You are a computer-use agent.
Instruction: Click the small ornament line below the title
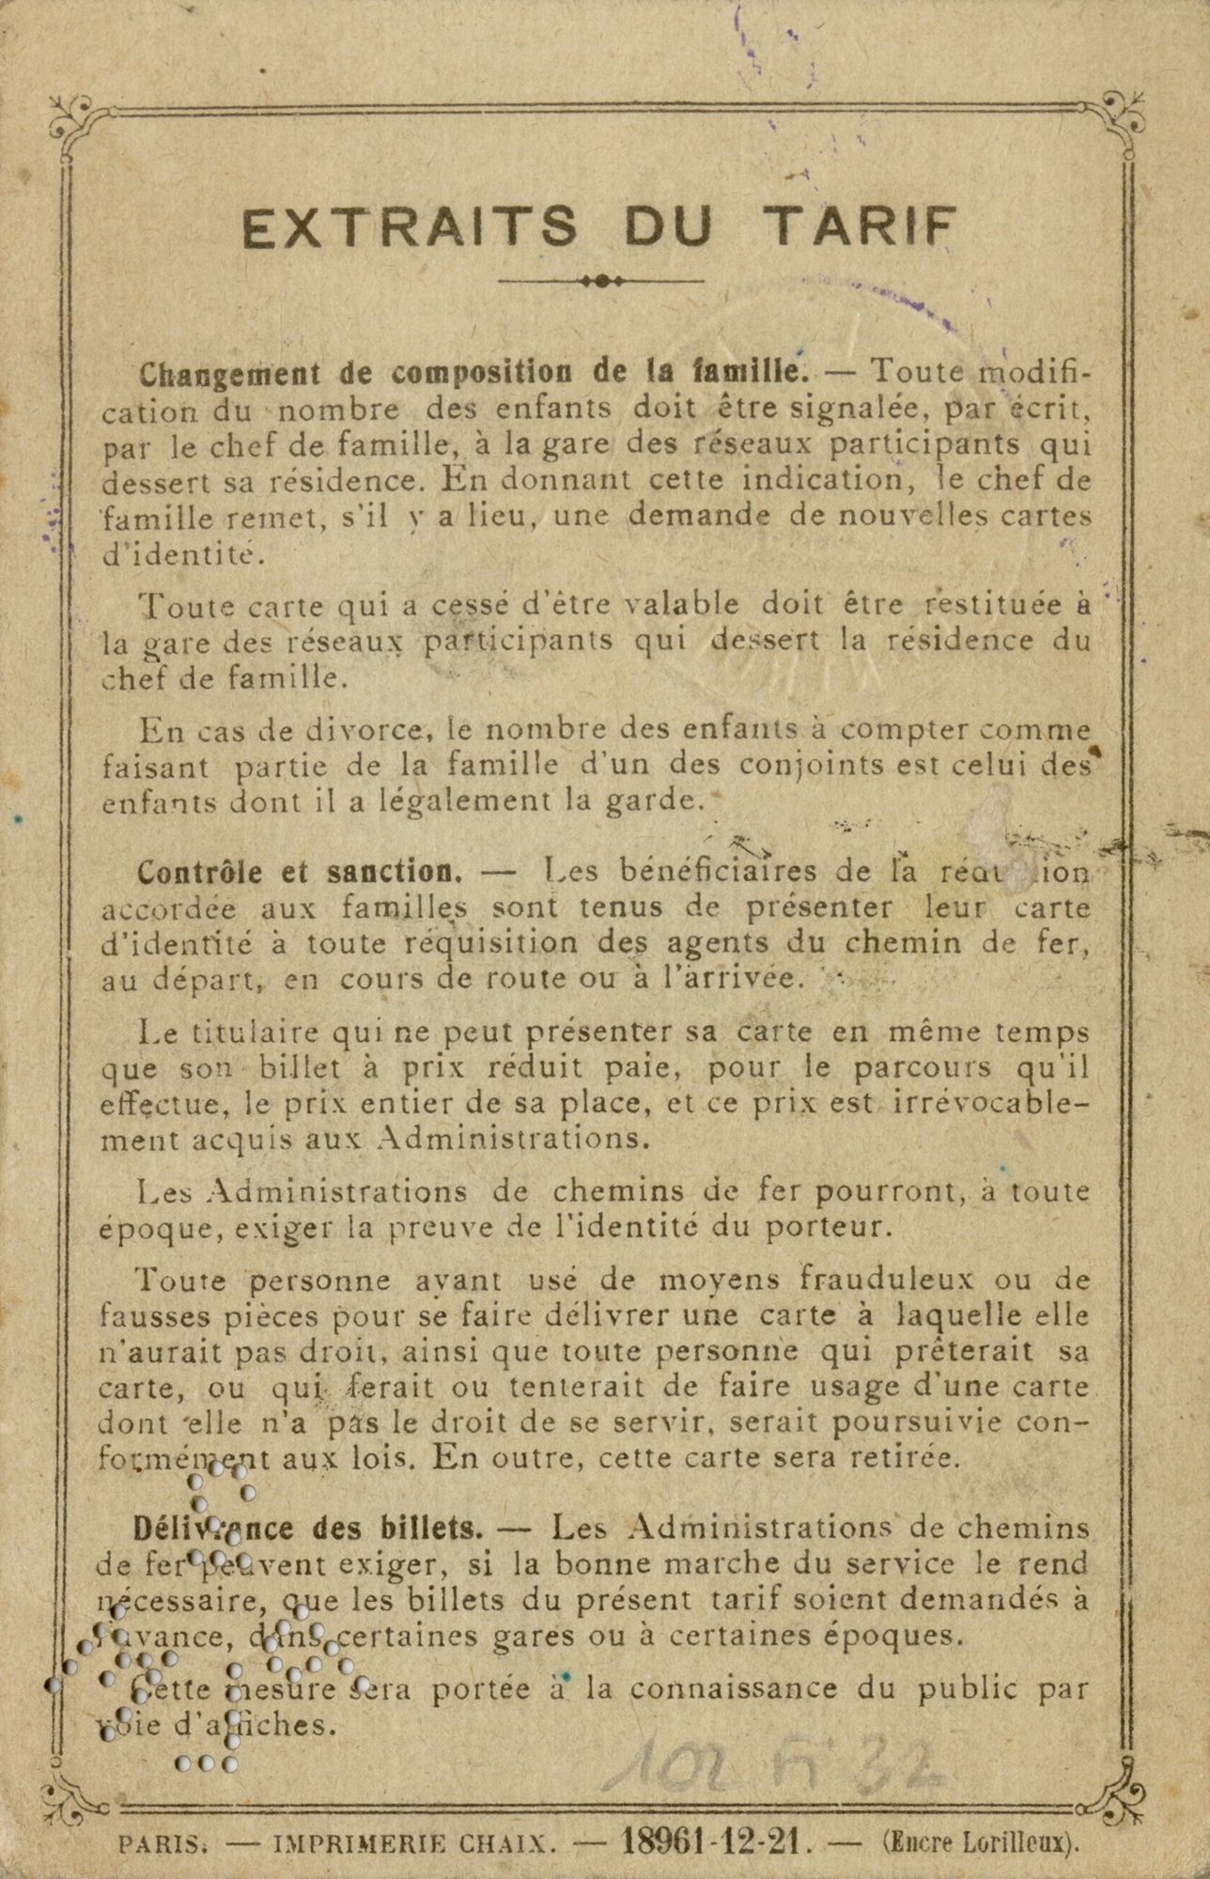click(x=604, y=280)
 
